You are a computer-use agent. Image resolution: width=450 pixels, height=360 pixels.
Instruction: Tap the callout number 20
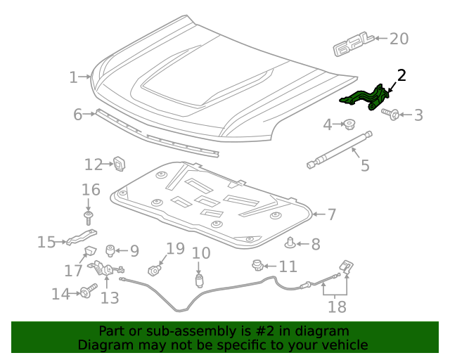pyautogui.click(x=399, y=39)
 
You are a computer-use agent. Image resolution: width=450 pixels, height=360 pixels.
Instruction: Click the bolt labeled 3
pyautogui.click(x=391, y=113)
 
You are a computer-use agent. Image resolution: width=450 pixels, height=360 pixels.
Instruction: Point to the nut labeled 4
pyautogui.click(x=348, y=126)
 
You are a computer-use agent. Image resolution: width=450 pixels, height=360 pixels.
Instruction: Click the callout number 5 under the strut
pyautogui.click(x=365, y=166)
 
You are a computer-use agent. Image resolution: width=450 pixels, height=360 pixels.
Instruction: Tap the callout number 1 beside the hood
pyautogui.click(x=74, y=77)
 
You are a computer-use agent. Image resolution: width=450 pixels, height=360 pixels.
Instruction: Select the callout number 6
pyautogui.click(x=78, y=114)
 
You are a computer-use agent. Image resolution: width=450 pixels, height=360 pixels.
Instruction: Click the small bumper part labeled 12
pyautogui.click(x=120, y=164)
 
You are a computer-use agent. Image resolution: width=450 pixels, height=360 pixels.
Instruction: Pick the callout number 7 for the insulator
pyautogui.click(x=331, y=214)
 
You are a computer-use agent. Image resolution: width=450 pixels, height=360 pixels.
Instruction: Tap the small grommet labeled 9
pyautogui.click(x=110, y=250)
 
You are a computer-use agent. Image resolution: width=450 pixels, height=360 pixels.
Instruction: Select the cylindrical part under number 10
pyautogui.click(x=199, y=281)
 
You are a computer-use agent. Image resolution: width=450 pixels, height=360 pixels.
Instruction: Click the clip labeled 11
pyautogui.click(x=257, y=265)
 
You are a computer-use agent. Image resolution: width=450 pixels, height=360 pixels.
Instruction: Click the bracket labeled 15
pyautogui.click(x=82, y=239)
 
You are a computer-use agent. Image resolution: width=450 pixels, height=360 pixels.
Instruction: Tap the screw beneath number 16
pyautogui.click(x=89, y=217)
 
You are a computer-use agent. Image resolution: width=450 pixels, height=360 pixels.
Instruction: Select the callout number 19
pyautogui.click(x=175, y=248)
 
